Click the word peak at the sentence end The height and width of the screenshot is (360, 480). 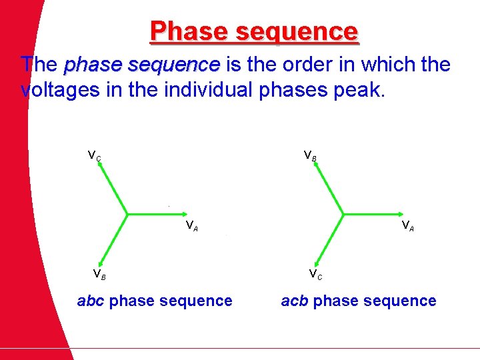click(x=363, y=90)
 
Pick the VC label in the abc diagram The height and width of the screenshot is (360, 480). click(x=95, y=156)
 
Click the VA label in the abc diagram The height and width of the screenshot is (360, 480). click(x=191, y=225)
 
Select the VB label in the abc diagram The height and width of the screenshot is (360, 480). click(x=99, y=273)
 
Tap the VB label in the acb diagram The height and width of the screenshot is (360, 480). click(x=310, y=156)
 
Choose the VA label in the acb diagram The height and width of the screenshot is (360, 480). click(x=407, y=225)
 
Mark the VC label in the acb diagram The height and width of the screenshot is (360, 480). click(x=315, y=273)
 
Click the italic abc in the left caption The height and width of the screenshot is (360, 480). click(x=91, y=301)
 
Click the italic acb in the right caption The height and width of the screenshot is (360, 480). click(x=295, y=301)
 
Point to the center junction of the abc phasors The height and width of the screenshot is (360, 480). click(x=127, y=215)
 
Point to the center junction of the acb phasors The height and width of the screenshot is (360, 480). click(x=343, y=215)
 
